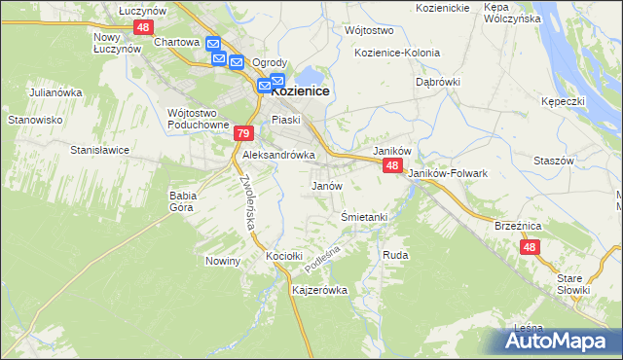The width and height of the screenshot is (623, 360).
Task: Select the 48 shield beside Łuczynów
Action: [143, 27]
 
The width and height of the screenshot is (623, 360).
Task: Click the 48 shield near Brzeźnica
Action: [530, 248]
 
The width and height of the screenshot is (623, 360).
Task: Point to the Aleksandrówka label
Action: [278, 155]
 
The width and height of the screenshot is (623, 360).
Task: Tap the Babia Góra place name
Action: [183, 200]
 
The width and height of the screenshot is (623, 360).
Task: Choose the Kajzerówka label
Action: [319, 290]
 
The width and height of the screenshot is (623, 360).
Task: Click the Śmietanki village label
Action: [365, 217]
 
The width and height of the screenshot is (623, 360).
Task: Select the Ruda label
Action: [395, 255]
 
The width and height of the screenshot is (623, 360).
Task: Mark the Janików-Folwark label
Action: [448, 173]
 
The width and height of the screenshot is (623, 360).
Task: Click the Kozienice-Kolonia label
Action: [397, 53]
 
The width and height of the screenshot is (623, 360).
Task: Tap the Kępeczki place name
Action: [564, 101]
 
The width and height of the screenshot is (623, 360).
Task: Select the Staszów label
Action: [554, 160]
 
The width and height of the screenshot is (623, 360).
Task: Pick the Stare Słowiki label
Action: [574, 284]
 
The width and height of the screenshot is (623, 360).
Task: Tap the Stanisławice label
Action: [100, 151]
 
